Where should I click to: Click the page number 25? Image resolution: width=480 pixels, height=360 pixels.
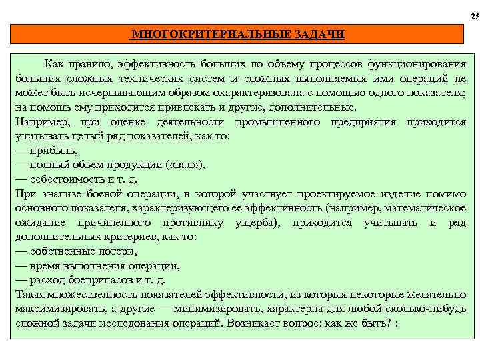tap(474, 16)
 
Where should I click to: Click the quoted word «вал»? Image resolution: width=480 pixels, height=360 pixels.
tap(177, 165)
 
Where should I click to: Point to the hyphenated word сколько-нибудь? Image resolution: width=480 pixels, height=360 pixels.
tap(431, 309)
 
